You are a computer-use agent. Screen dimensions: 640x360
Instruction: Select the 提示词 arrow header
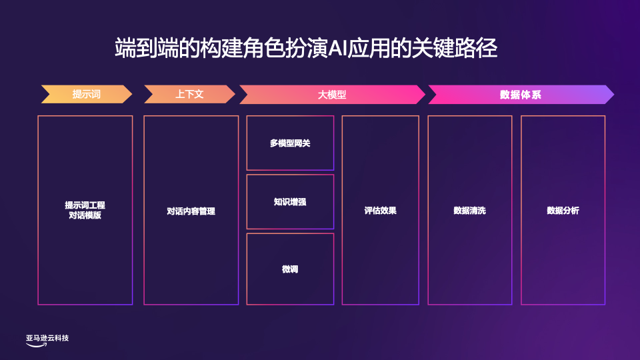coord(86,95)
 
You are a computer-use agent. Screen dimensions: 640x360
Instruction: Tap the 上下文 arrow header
coord(189,95)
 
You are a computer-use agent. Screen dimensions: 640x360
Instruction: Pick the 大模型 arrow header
coord(331,95)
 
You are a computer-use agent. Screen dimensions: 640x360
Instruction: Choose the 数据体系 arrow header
coord(520,95)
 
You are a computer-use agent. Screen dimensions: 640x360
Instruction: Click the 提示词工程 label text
coord(85,205)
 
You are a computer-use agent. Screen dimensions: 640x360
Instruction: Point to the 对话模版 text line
coord(85,215)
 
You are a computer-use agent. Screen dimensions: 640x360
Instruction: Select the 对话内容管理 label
coord(191,211)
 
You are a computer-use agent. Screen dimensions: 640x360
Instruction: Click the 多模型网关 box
coord(290,143)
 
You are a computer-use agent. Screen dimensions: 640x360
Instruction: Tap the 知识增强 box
coord(290,201)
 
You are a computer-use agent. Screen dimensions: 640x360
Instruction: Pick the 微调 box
coord(290,269)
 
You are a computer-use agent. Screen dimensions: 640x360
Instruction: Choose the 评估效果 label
coord(380,211)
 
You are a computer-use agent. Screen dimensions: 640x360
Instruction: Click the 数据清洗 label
coord(469,211)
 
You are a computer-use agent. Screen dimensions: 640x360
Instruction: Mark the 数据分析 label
coord(563,211)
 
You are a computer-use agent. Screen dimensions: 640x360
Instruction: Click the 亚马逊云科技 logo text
coord(47,338)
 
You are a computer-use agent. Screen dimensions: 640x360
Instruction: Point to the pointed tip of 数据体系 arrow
coord(613,95)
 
